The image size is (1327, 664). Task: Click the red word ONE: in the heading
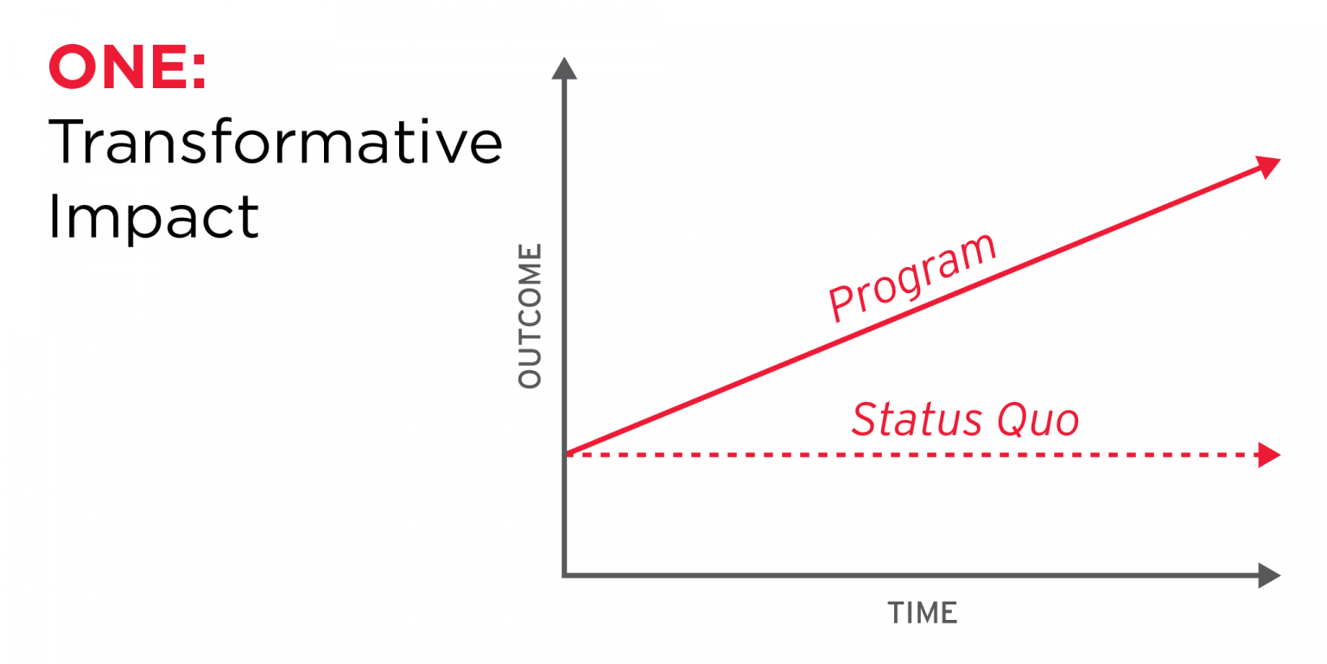127,68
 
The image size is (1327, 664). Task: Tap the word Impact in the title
154,216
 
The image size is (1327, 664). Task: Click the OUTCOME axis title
530,316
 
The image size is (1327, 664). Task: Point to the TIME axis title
923,613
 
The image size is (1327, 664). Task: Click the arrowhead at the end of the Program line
1267,165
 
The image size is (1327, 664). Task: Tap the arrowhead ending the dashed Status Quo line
1268,455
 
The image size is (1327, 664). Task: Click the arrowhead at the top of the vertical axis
563,68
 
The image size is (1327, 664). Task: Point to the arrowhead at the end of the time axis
1268,575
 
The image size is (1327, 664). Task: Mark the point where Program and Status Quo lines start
566,453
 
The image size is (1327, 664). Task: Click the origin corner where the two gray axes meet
564,575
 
